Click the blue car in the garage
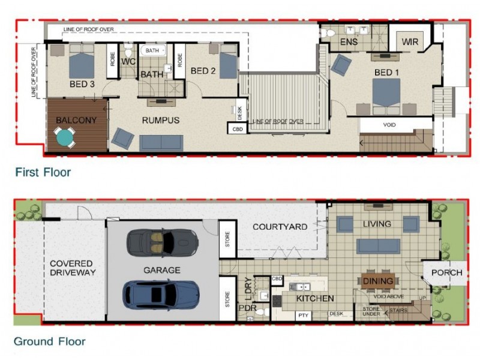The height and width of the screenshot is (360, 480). click(161, 294)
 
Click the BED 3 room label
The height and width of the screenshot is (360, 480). click(82, 85)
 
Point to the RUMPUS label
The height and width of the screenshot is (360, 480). click(160, 121)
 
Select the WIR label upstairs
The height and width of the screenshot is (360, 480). click(410, 42)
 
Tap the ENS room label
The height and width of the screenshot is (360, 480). click(349, 43)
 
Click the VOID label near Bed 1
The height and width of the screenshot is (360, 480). click(389, 125)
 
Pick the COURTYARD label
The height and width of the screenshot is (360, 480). click(280, 227)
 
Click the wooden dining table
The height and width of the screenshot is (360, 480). click(377, 281)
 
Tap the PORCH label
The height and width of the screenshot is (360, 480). click(447, 273)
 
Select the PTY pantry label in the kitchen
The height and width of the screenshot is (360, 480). click(304, 314)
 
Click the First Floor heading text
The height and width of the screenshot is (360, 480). click(43, 173)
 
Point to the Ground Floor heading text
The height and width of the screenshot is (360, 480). click(49, 342)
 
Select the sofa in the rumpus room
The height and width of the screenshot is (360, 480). click(161, 142)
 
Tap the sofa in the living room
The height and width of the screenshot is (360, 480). click(378, 246)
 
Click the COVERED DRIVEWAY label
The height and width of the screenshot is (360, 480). click(71, 268)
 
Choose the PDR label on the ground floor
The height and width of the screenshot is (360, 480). click(247, 308)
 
